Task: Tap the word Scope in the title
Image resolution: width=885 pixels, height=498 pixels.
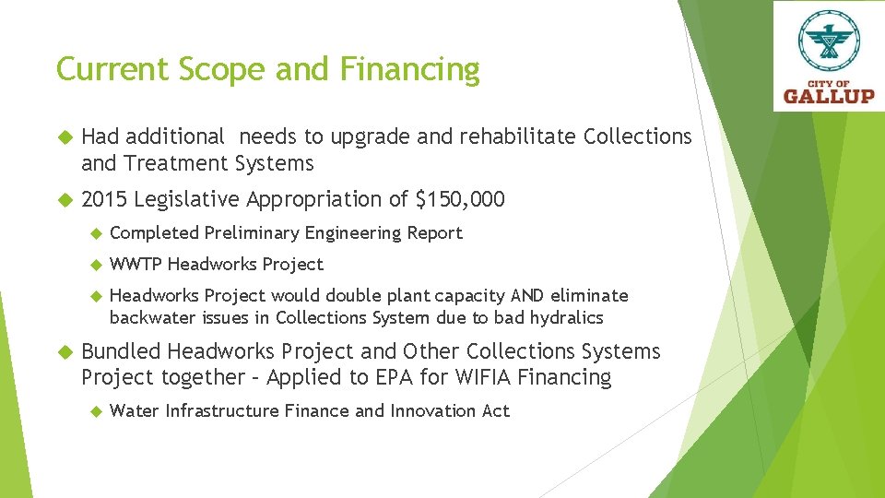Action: coord(212,70)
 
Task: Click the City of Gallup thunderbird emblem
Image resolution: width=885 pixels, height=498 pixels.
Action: coord(830,41)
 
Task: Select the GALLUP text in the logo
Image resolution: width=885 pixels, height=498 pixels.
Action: coord(829,95)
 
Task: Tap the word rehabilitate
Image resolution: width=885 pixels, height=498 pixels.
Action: coord(511,137)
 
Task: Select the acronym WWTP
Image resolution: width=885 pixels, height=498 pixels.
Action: coord(136,265)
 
